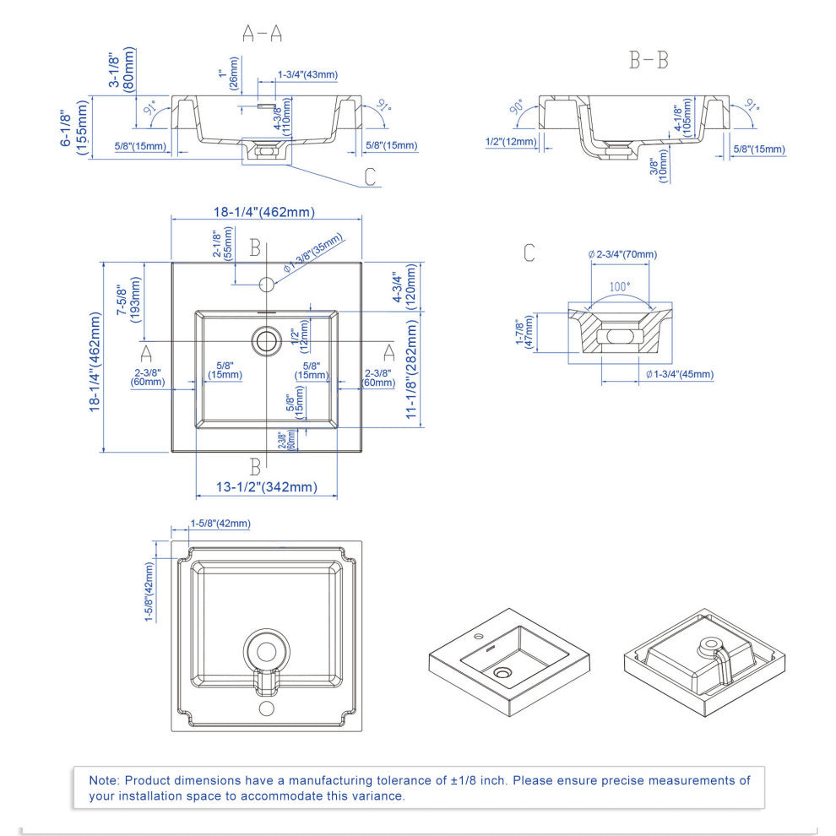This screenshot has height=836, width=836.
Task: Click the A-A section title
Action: [x=263, y=34]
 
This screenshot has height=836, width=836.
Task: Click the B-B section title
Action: [x=649, y=61]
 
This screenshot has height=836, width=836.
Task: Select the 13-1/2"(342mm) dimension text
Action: [x=266, y=486]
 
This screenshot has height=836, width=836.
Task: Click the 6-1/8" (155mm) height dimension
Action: [x=73, y=127]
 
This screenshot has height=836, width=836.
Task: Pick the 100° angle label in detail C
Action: [x=620, y=286]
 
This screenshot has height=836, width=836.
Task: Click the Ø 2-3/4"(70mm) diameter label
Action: [x=622, y=254]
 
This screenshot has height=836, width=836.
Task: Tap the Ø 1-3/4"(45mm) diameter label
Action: [x=680, y=374]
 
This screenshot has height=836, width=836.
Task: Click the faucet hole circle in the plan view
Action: [x=266, y=282]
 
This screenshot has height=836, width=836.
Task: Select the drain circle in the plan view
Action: [x=266, y=340]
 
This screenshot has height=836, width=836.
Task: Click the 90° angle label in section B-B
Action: [x=516, y=109]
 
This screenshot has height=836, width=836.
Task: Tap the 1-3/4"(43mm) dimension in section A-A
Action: [x=308, y=75]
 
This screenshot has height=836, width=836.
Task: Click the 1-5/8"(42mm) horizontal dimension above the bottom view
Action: [x=220, y=524]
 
